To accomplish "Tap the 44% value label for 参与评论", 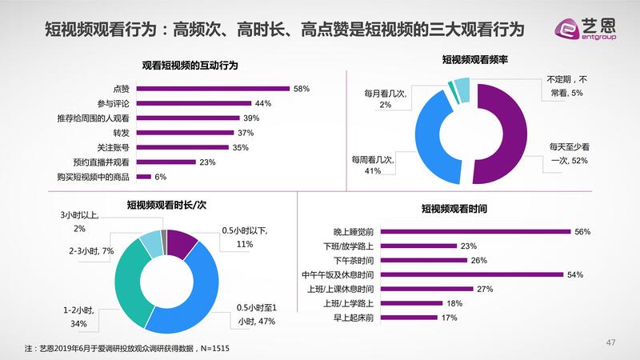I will (263, 103).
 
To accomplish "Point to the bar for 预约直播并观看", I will (166, 162).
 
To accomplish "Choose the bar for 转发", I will (185, 133).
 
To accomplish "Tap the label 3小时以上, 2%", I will (78, 222).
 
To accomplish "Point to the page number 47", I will (610, 343).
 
